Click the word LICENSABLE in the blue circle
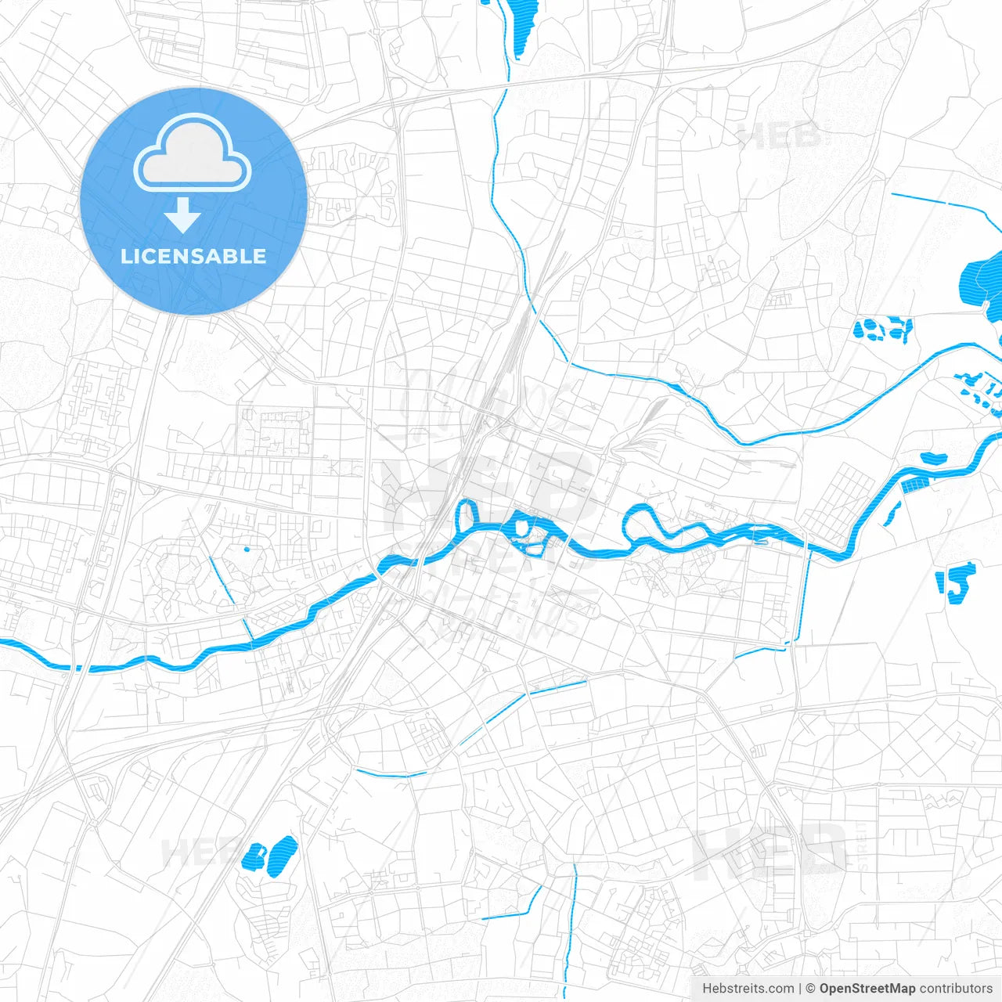coord(193,256)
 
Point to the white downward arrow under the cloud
coord(182,215)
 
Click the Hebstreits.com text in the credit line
coord(748,989)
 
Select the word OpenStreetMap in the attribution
coord(867,989)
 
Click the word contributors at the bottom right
coord(956,989)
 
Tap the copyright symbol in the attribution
coord(810,989)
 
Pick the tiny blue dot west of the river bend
coord(247,549)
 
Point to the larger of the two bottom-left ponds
coord(280,855)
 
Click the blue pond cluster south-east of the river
coord(956,582)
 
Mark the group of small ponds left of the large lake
coord(882,329)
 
